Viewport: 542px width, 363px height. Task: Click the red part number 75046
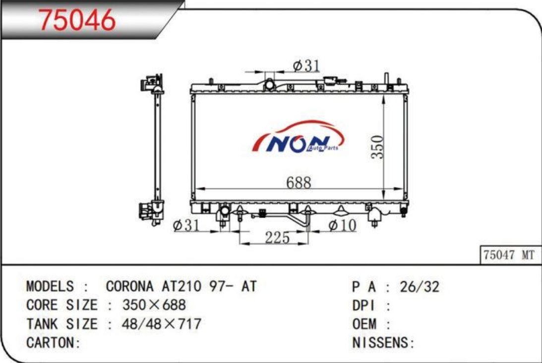coord(77,19)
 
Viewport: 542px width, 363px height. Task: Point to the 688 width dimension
coord(299,182)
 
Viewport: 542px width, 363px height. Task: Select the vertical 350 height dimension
coord(377,147)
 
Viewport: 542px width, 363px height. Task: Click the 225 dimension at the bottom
coord(277,238)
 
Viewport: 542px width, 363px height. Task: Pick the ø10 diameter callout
coord(342,226)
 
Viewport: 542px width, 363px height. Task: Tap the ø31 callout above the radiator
coord(306,65)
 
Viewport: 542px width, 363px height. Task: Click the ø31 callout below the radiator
coord(186,226)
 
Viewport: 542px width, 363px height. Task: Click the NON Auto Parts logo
coord(298,137)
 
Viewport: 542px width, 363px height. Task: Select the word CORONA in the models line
coord(129,286)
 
